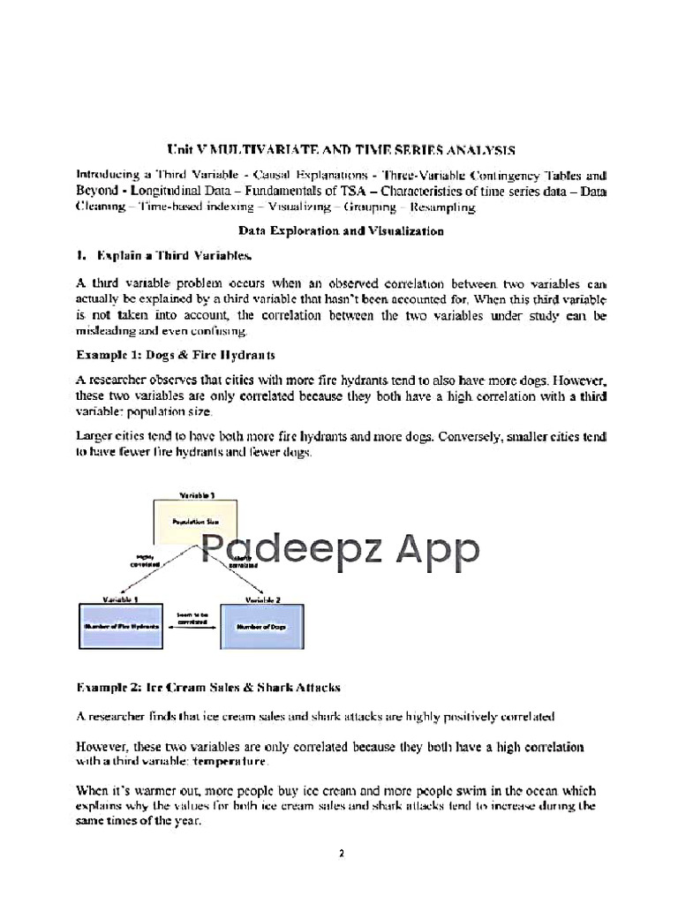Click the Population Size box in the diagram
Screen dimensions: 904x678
click(x=195, y=522)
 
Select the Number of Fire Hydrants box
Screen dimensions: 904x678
click(x=121, y=625)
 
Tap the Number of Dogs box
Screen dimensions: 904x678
click(x=262, y=625)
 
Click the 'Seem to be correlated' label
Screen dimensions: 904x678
click(x=192, y=617)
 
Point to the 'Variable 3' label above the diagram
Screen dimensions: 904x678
click(x=196, y=496)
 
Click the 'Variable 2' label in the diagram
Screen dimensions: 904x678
click(x=262, y=599)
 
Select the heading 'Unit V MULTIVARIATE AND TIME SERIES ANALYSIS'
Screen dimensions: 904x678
click(x=340, y=151)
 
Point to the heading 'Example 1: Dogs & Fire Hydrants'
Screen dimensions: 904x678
click(x=176, y=355)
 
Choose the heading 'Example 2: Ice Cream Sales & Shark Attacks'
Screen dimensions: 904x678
click(x=208, y=686)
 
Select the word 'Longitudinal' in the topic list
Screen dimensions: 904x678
click(x=169, y=192)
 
